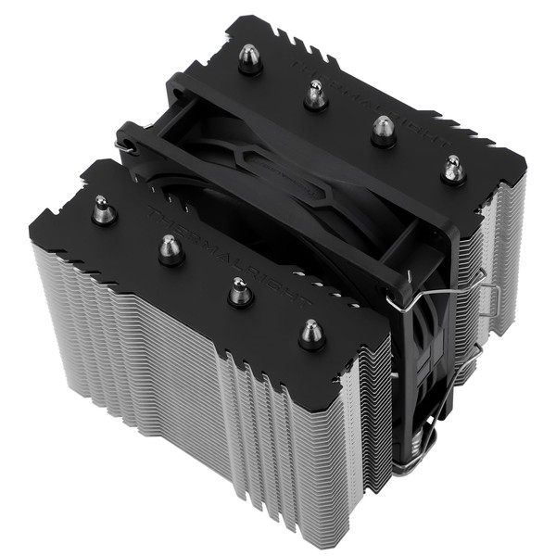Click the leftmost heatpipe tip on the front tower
point(104,210)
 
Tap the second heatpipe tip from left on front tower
point(171,249)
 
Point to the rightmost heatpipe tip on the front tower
point(312,333)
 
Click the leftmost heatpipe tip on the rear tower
point(248,57)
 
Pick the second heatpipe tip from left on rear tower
point(316,94)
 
